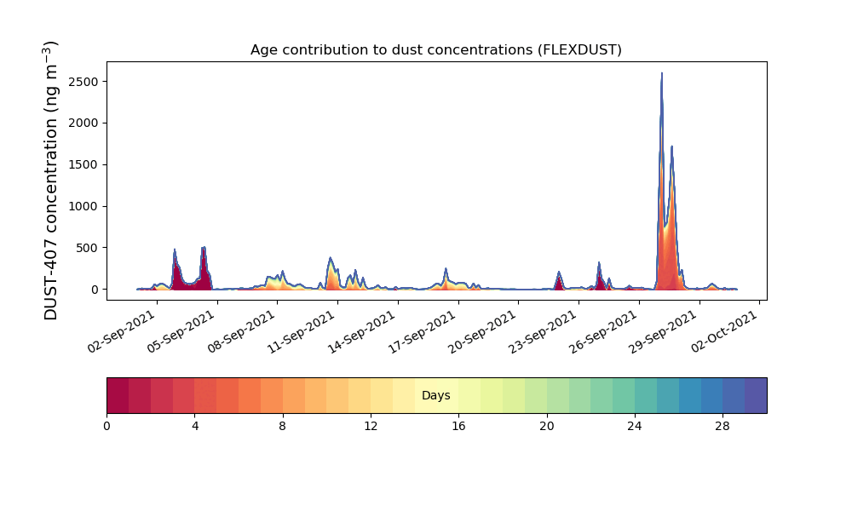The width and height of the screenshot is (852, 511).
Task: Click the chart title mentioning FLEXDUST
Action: click(x=435, y=50)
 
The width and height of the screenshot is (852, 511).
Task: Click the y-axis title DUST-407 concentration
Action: click(x=52, y=181)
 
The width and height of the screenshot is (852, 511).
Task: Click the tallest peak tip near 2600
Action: click(x=661, y=74)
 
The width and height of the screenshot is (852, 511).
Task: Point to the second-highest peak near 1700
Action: click(x=671, y=146)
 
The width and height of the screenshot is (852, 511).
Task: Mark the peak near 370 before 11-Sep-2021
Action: click(x=330, y=258)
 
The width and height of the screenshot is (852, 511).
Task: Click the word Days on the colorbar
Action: click(x=436, y=396)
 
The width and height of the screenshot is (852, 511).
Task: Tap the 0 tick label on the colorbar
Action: click(x=106, y=426)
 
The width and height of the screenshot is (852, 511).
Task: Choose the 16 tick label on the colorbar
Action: click(x=458, y=426)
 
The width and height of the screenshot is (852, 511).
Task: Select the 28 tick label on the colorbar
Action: click(x=722, y=426)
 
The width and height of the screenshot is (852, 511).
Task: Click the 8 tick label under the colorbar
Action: click(x=283, y=426)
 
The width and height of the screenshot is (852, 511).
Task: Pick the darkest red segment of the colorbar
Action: click(x=118, y=395)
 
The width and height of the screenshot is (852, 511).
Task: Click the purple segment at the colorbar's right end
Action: click(x=756, y=395)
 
